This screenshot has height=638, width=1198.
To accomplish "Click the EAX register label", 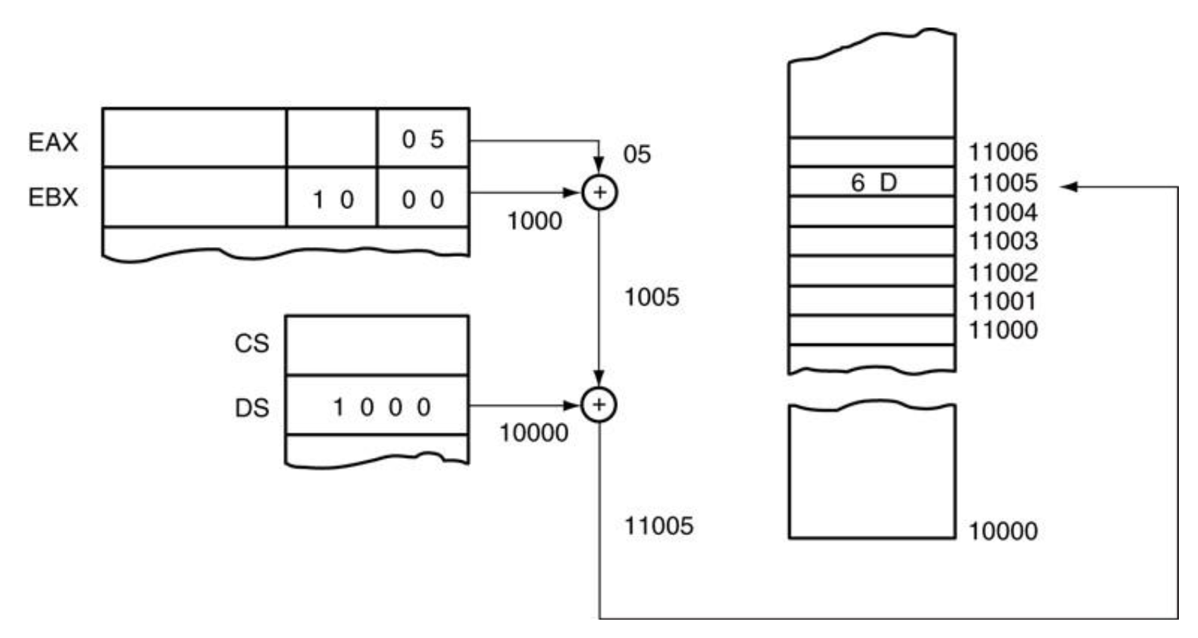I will coord(53,142).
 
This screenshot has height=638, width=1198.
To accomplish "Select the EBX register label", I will coord(53,197).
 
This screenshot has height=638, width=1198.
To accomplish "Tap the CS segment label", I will coord(252,344).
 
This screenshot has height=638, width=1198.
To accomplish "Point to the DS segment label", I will coord(252,408).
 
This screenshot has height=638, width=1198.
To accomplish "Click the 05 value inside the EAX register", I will coord(422,139).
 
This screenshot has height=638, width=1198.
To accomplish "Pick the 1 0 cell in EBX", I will coord(333,200).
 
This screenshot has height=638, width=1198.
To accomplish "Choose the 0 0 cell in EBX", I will coord(422,200).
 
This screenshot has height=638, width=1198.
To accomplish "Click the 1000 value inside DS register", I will coord(381,407).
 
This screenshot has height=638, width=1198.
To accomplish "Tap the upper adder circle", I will coord(599,193).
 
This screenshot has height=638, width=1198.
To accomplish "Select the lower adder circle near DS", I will coord(599,404).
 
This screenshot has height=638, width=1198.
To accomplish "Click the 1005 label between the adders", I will coord(651,297).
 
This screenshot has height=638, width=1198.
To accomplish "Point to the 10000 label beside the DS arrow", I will coord(534,433).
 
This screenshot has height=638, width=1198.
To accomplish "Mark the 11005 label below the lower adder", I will coord(658,526).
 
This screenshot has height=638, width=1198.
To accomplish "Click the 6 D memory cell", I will coord(873,183).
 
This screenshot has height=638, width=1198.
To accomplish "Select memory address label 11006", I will coord(1003,152).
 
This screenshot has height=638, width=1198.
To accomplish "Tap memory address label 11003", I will coord(1003,241).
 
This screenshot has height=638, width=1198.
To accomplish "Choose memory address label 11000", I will coord(1003,330).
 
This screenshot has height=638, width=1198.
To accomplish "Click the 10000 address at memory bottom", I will coord(1003,531).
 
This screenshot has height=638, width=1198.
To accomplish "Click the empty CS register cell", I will coord(377,345).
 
